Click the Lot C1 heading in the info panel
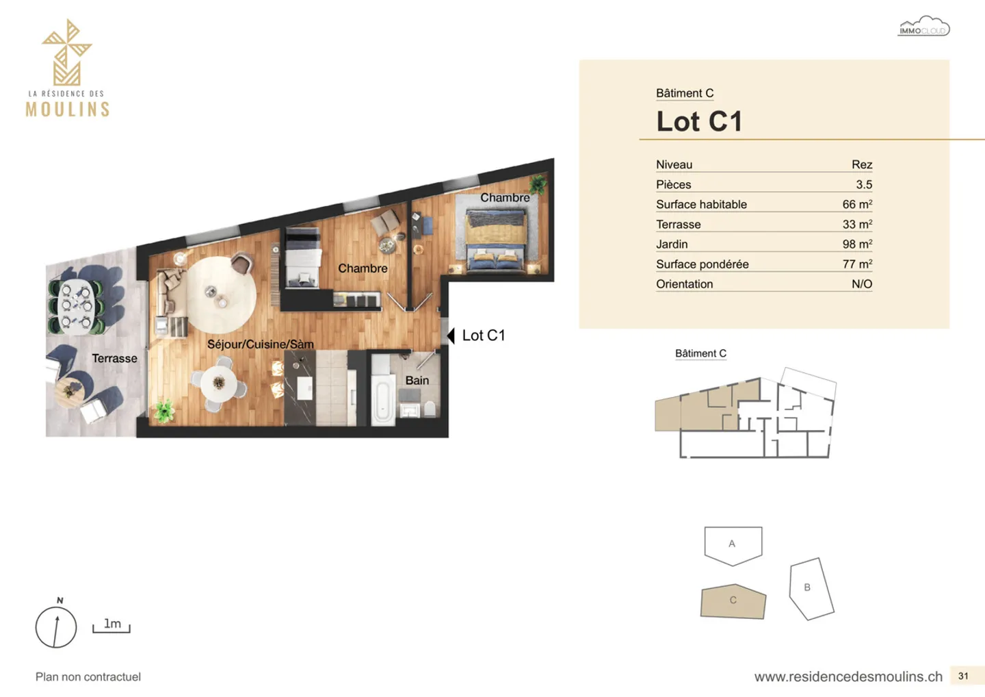tap(699, 122)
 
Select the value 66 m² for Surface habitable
tap(856, 204)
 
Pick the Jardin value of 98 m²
tap(856, 244)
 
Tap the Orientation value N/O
tap(861, 283)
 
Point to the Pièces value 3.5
tap(863, 184)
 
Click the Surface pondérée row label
tap(702, 264)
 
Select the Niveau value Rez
tap(861, 164)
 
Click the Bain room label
tap(417, 380)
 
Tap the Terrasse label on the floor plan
tap(114, 358)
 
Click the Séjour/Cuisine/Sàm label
tap(260, 344)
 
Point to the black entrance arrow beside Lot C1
tap(451, 335)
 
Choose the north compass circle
tap(56, 626)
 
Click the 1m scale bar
tap(111, 626)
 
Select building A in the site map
tap(733, 544)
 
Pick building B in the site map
tap(811, 588)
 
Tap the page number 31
tap(963, 676)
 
